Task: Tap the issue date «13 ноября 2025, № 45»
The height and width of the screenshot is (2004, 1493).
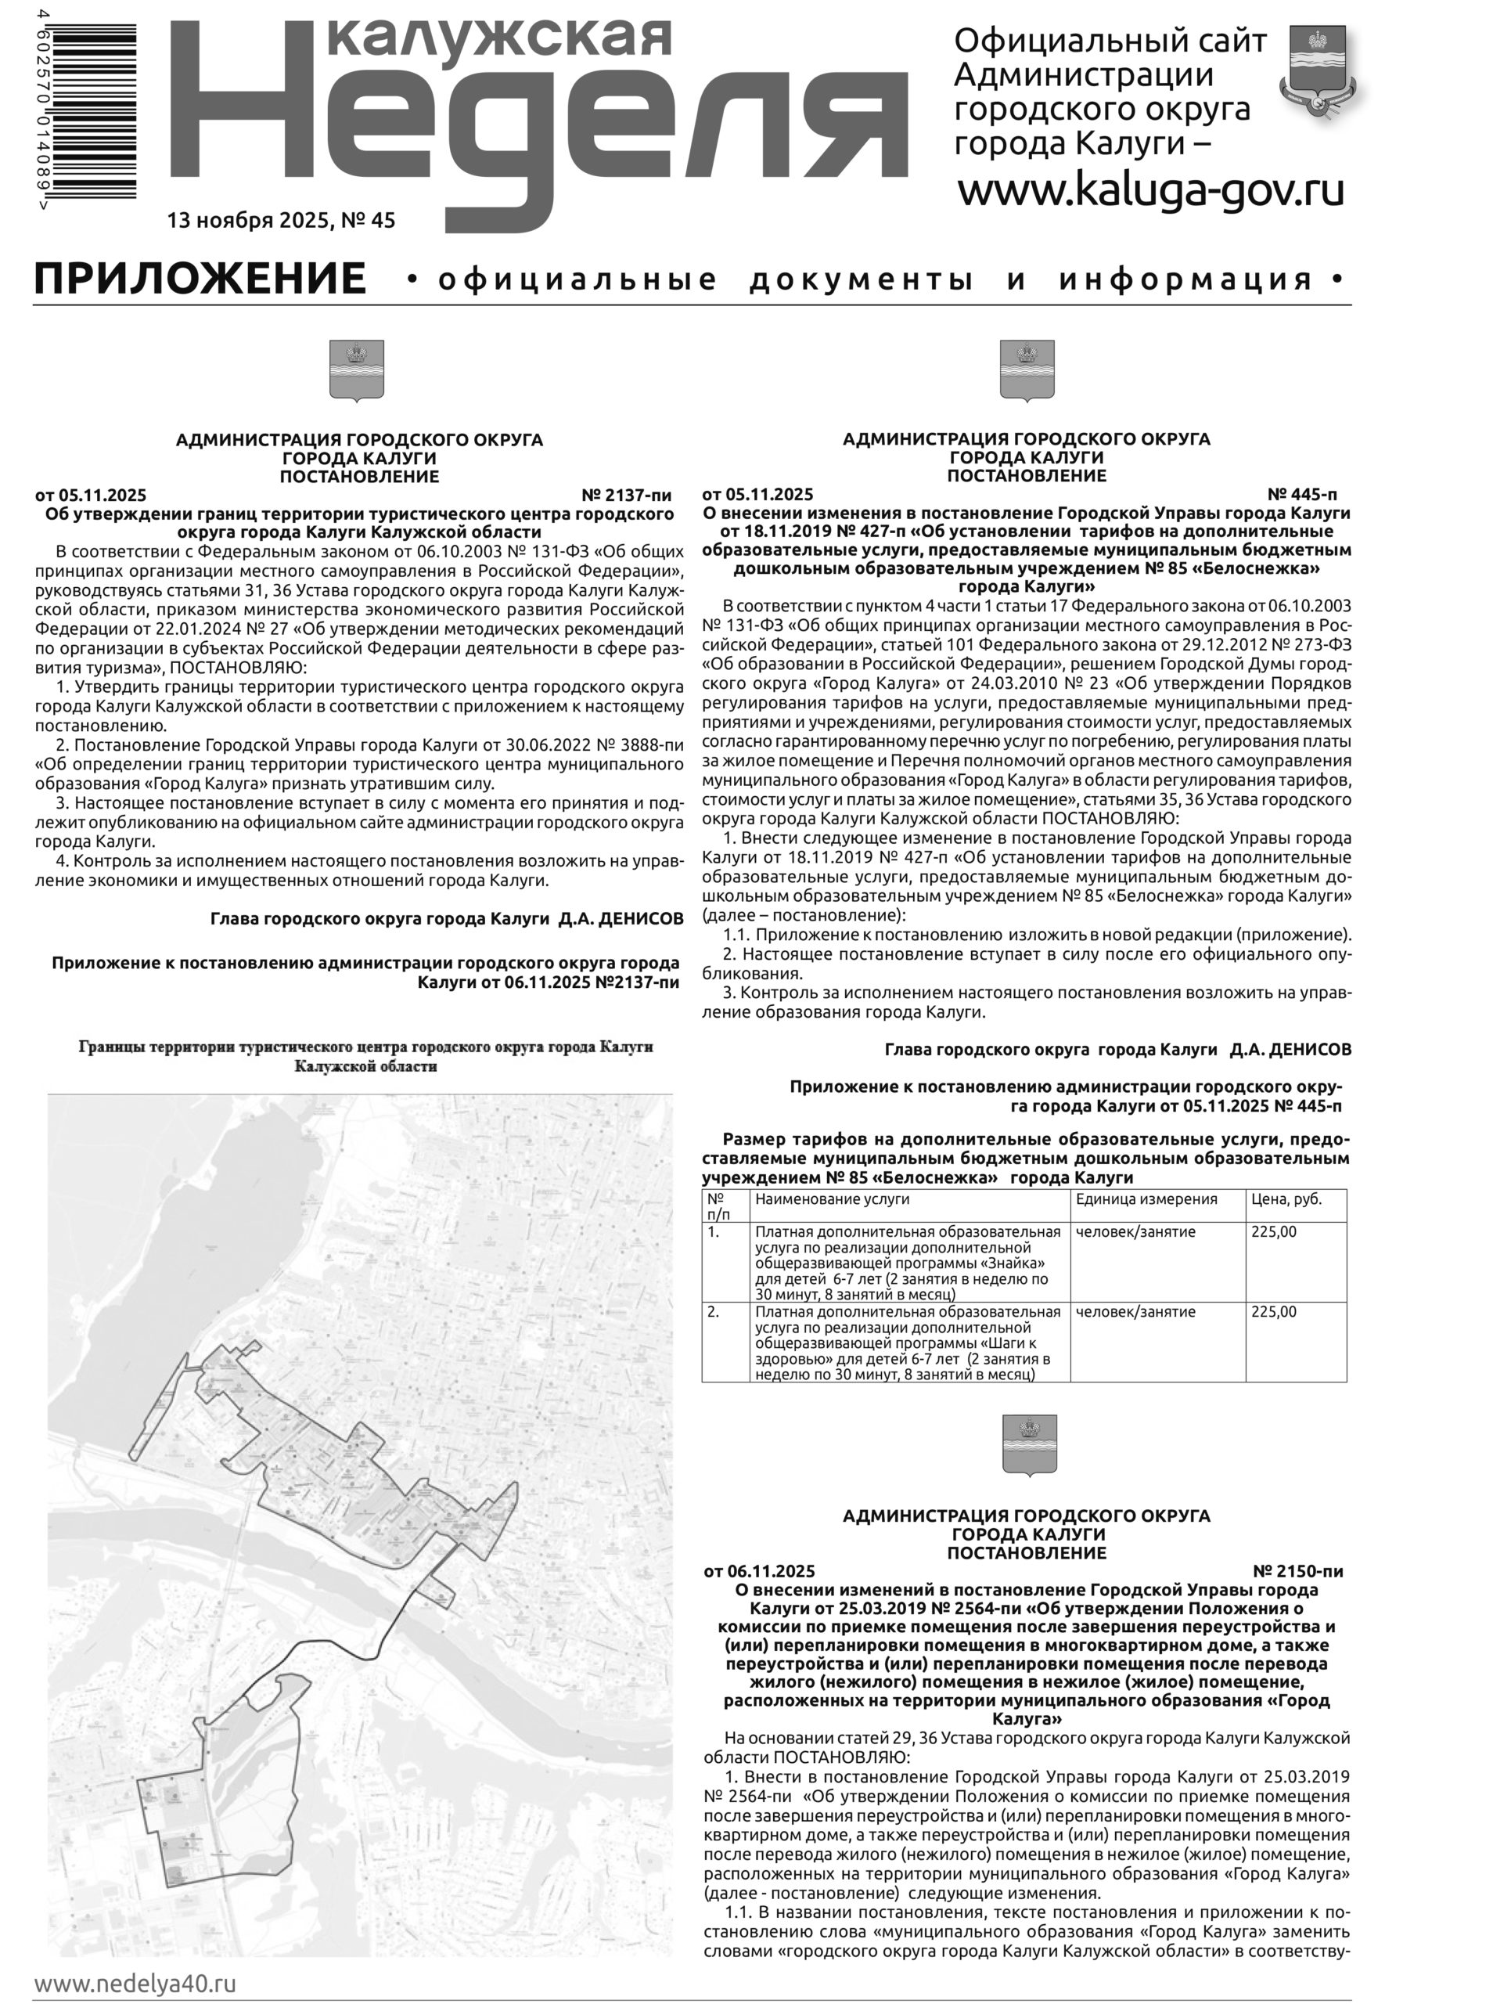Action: point(281,221)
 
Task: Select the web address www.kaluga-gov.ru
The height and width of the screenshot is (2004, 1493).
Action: point(1150,191)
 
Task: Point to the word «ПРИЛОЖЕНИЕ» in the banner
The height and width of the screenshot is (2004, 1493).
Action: point(200,279)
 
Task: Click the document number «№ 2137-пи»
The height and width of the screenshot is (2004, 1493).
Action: point(626,495)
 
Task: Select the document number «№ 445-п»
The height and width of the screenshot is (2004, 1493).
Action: point(1301,495)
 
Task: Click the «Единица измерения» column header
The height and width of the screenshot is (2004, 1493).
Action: point(1146,1199)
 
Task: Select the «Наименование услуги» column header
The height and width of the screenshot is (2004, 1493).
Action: point(832,1199)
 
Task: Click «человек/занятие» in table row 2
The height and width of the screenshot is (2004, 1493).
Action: point(1135,1311)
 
